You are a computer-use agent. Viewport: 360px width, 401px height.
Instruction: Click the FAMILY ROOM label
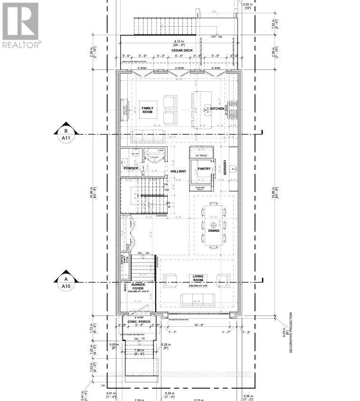click(148, 110)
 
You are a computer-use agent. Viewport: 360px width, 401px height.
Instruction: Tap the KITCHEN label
click(217, 109)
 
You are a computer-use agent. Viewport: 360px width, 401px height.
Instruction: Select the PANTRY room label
click(204, 169)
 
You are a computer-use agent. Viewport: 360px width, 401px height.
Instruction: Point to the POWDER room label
click(131, 168)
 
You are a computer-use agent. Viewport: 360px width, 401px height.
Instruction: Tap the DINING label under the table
click(214, 231)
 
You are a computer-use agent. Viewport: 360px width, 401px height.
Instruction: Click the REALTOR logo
click(22, 23)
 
